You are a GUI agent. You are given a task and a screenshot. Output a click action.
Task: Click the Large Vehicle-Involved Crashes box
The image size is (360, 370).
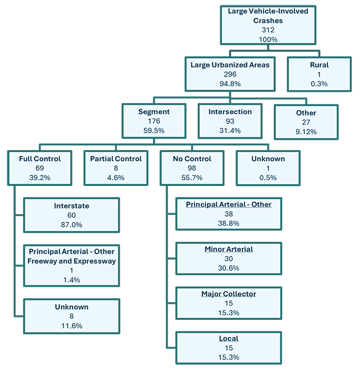click(x=268, y=25)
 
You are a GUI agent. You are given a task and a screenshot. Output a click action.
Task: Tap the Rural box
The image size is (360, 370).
click(x=319, y=74)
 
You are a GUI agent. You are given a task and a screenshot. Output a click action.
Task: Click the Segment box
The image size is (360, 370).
click(x=153, y=120)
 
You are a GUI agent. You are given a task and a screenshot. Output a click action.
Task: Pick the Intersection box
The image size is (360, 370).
click(x=230, y=120)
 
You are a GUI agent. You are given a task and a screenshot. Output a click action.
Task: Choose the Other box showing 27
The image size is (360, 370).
click(x=306, y=121)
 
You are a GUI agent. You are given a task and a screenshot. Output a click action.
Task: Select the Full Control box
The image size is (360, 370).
click(x=39, y=168)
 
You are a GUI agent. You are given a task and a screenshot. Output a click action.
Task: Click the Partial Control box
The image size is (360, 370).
click(x=116, y=168)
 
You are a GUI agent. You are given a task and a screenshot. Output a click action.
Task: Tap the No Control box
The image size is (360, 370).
click(x=192, y=168)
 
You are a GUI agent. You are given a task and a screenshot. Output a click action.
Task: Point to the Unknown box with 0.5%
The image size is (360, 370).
click(x=268, y=168)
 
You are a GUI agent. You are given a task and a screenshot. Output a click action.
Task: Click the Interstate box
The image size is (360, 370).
click(x=71, y=215)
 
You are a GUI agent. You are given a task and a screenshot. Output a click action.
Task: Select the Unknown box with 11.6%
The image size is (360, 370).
click(x=71, y=316)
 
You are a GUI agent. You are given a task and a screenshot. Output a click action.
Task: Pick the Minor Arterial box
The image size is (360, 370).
click(x=228, y=258)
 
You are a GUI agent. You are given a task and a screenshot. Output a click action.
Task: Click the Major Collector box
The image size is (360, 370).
click(x=228, y=303)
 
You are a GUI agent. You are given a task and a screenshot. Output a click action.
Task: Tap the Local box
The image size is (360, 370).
click(x=228, y=348)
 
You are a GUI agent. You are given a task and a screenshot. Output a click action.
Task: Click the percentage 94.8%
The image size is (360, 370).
click(x=230, y=83)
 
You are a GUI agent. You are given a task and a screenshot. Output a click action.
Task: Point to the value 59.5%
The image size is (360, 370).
click(x=153, y=130)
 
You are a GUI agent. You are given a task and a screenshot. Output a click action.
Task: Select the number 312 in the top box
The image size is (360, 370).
click(x=268, y=30)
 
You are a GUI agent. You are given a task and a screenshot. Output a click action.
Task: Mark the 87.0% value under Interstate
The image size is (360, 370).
click(x=71, y=225)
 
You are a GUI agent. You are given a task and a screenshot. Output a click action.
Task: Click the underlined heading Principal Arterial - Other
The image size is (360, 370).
click(x=228, y=205)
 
